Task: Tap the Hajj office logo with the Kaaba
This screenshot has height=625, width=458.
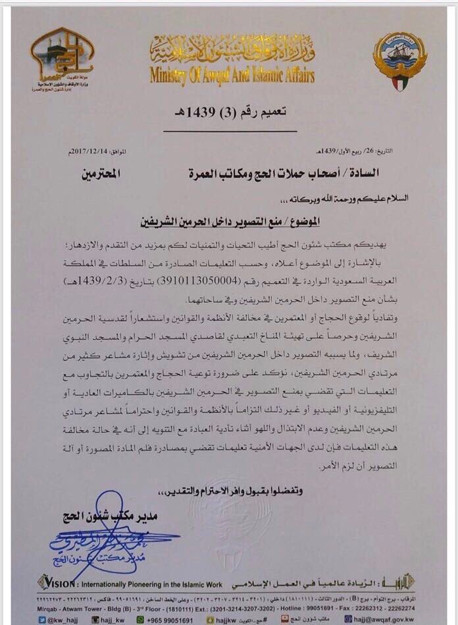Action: (62, 58)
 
